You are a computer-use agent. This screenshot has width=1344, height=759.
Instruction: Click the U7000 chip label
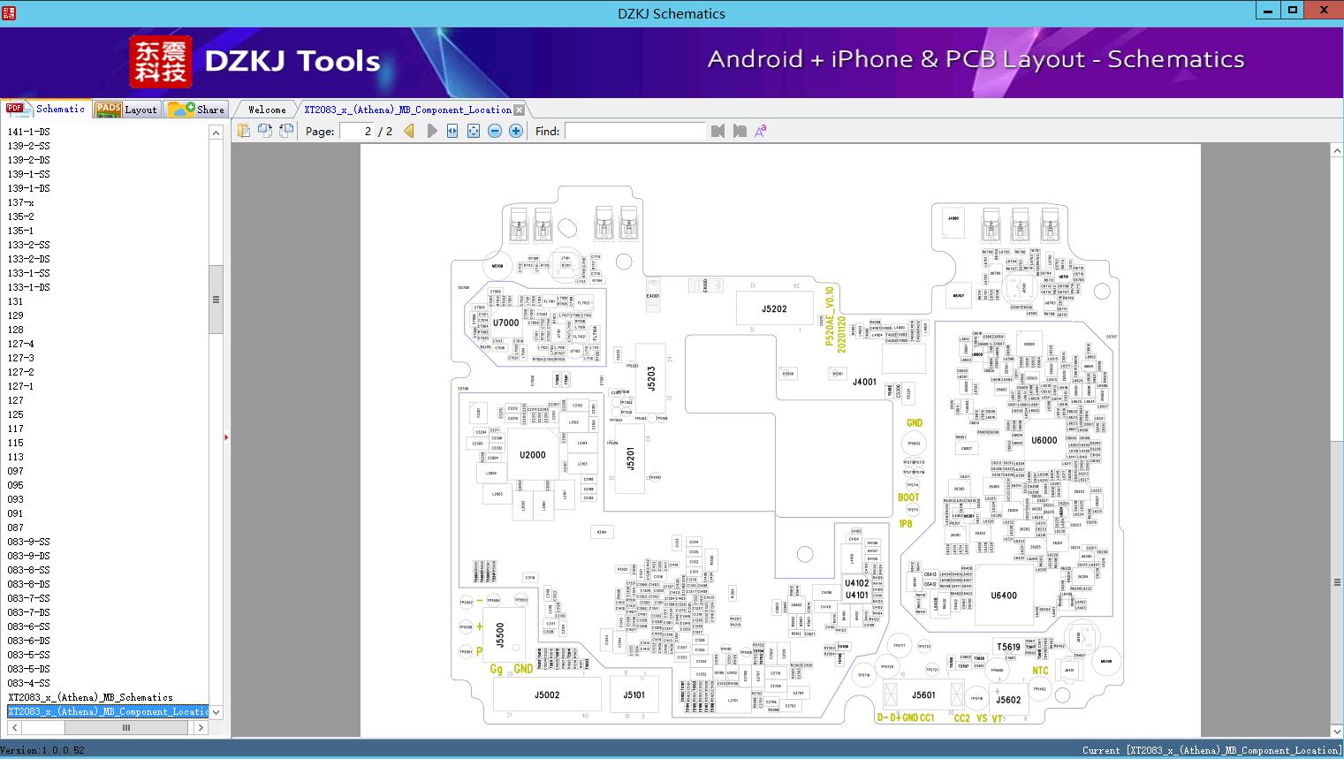point(505,323)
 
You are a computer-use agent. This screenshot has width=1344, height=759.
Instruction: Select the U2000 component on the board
point(532,455)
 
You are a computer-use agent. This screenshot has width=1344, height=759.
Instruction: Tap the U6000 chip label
point(1044,440)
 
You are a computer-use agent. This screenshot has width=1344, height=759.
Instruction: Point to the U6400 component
point(1004,596)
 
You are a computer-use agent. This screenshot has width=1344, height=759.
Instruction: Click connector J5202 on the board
point(774,309)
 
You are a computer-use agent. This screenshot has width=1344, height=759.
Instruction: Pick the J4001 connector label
point(864,383)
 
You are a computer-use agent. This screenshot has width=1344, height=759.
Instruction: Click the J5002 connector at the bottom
point(547,695)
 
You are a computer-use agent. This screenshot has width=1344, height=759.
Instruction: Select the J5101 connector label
point(634,695)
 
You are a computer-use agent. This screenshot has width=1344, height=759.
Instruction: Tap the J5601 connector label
point(923,695)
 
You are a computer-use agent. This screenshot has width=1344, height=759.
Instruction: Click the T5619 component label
point(1008,647)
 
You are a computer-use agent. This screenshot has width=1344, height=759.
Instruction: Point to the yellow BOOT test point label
point(908,497)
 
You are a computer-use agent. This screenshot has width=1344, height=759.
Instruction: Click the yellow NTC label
point(1040,671)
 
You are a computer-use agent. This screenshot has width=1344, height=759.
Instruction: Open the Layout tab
point(127,110)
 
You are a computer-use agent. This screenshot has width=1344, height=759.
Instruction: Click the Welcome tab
point(267,110)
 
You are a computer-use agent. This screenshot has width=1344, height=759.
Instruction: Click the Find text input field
point(634,132)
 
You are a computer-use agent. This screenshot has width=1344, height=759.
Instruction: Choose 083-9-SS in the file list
point(29,542)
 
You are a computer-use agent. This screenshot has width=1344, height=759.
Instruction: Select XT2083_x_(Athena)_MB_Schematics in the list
point(90,697)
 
